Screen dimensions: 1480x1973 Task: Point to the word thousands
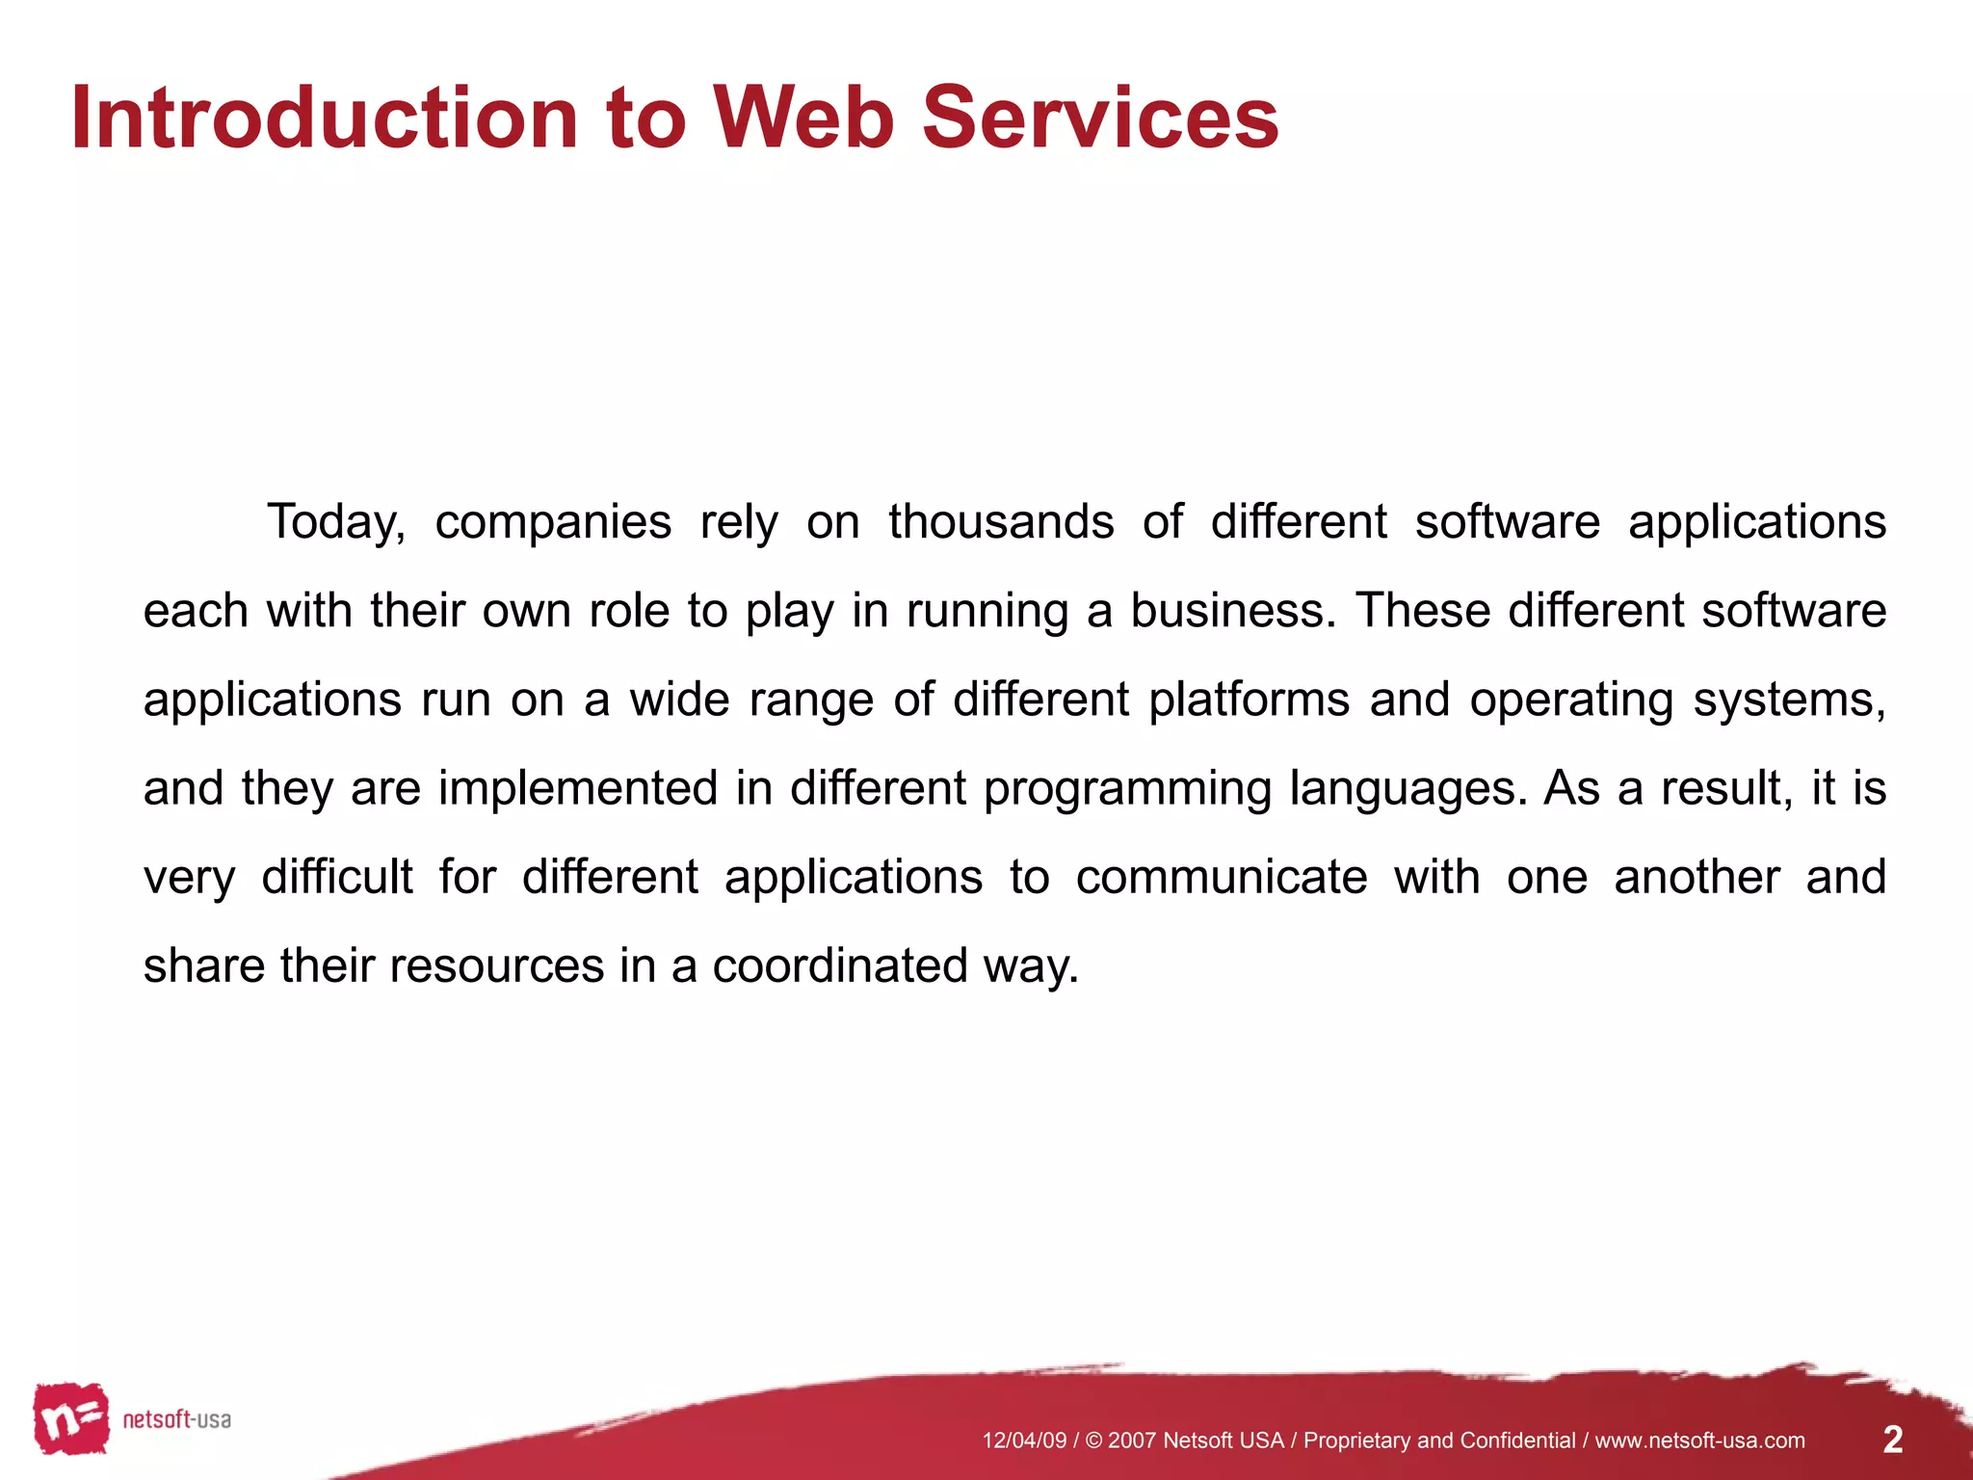tap(1001, 521)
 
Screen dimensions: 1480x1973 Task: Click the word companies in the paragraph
tap(553, 523)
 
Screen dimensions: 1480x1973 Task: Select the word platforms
tap(1249, 700)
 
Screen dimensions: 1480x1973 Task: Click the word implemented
tap(578, 788)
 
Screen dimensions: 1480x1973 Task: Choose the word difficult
tap(337, 877)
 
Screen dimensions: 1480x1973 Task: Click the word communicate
tap(1221, 877)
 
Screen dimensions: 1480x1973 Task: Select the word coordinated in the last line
tap(839, 965)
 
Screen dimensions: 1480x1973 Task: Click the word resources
tap(496, 965)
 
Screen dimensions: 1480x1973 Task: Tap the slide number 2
tap(1892, 1440)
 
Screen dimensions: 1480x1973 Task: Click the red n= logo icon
tap(70, 1418)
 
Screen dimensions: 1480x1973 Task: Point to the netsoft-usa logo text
tap(176, 1419)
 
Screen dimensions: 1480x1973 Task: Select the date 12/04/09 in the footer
tap(1024, 1440)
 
